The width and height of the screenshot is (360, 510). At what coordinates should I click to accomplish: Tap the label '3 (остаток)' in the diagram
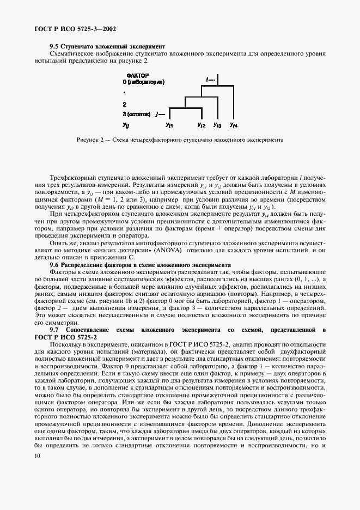tap(136, 114)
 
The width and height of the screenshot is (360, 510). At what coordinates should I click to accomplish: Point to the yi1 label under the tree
tap(169, 126)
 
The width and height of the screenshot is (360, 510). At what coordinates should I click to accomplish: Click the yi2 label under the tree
tap(201, 126)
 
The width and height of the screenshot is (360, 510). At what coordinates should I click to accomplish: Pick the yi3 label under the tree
tap(217, 126)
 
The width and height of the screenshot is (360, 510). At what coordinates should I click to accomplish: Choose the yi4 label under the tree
tap(233, 126)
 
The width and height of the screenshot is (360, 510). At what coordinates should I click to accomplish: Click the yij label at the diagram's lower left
tap(126, 126)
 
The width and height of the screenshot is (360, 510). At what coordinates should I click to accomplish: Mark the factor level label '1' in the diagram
tap(125, 94)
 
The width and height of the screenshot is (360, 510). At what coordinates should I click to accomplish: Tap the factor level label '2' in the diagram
tap(125, 104)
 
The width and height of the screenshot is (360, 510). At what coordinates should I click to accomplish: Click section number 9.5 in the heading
tap(54, 47)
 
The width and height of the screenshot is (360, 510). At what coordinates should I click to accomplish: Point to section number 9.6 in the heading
tap(54, 264)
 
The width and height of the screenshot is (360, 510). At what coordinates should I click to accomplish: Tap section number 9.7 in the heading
tap(54, 330)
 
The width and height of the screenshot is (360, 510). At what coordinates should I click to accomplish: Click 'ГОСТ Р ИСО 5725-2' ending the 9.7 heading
tap(61, 337)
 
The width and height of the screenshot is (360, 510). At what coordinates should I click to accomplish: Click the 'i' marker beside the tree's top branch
tap(208, 80)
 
